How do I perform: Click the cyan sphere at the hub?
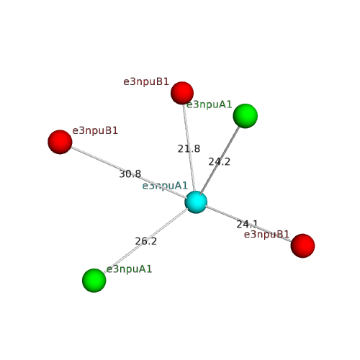coord(196,202)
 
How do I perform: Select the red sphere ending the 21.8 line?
coord(182,93)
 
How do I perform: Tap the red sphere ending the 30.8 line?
coord(60,142)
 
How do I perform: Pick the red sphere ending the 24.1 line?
coord(302,246)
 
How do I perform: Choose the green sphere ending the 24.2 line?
coord(246,116)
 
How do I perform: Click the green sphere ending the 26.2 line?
coord(94,280)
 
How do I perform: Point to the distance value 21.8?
coord(189,149)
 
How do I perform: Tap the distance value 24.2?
coord(220,162)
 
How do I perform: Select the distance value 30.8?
coord(130,174)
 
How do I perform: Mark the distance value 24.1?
coord(247,225)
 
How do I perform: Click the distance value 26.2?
coord(146,241)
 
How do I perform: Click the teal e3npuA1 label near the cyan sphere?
coord(165,186)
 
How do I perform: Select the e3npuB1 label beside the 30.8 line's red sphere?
coord(95,131)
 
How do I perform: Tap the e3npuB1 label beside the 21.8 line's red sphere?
coord(146,82)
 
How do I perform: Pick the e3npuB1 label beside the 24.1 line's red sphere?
coord(267,234)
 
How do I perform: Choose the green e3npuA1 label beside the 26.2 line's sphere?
coord(130,269)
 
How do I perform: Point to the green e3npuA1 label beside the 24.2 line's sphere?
coord(210,104)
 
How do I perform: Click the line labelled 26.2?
coord(145,240)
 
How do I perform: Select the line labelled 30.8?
coord(128,172)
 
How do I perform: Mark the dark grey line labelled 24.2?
coord(220,161)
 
